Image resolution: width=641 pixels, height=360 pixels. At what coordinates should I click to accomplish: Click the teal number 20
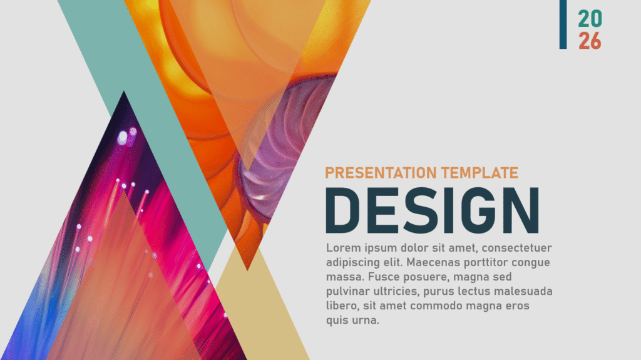(590, 19)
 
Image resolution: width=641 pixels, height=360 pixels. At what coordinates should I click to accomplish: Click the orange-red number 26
(590, 41)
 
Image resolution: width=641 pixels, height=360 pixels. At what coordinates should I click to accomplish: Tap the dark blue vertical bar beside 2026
(563, 24)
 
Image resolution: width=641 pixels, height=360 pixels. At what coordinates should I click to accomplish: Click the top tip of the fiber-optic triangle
(124, 91)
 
